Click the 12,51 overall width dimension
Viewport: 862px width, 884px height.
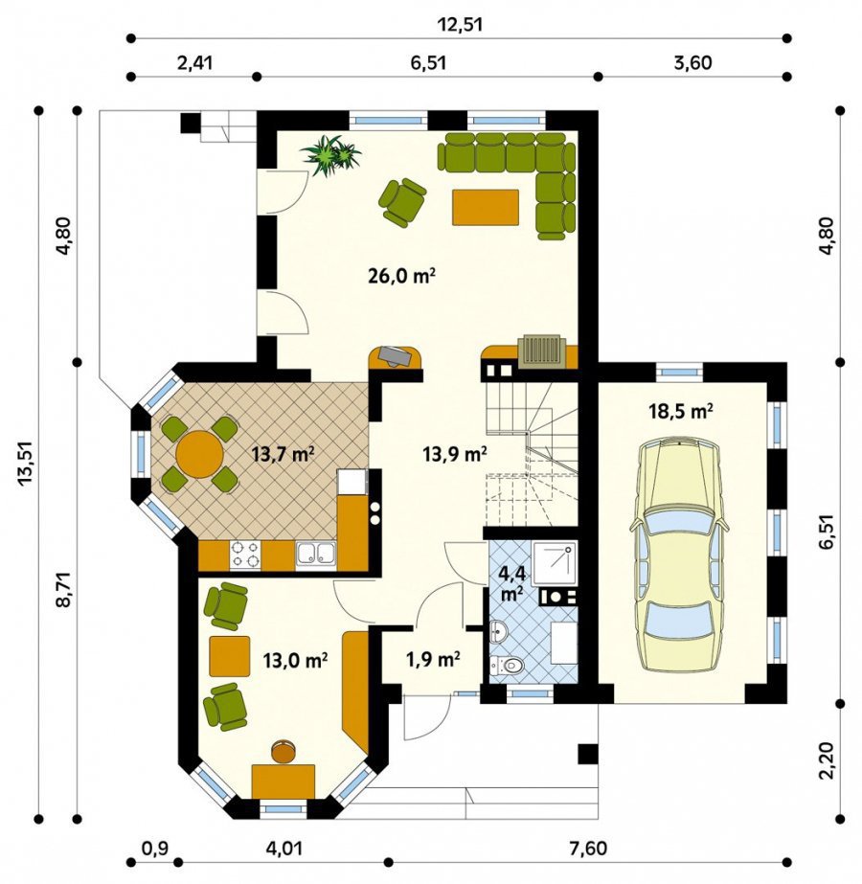(460, 25)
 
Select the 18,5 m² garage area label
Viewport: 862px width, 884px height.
(681, 411)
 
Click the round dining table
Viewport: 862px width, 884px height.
(199, 454)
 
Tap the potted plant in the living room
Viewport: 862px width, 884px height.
(331, 155)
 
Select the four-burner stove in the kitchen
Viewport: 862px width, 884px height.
(245, 555)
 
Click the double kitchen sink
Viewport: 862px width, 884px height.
(316, 555)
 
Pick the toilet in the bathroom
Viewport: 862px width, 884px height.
(507, 666)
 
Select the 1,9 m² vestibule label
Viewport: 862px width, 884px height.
(433, 658)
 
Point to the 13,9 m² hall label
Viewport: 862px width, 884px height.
(454, 454)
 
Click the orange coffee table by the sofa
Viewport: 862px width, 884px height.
(486, 208)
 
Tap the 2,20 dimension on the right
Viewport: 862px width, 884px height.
(827, 760)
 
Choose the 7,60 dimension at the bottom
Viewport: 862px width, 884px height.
(586, 848)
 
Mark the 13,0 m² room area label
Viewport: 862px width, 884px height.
(296, 660)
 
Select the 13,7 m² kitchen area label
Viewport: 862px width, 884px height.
(284, 454)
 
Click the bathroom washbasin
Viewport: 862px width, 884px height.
(498, 631)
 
